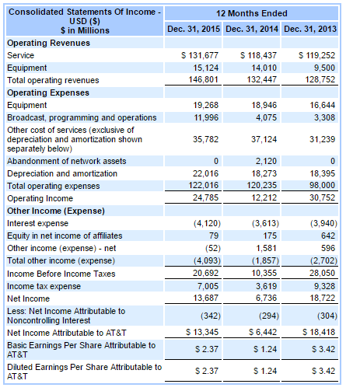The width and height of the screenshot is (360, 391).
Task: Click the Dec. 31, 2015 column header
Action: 194,30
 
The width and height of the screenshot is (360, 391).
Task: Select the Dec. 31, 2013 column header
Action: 310,30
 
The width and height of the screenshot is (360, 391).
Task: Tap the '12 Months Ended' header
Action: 252,13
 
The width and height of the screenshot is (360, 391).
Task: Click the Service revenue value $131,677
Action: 200,56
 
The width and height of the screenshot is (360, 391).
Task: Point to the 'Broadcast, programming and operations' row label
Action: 82,117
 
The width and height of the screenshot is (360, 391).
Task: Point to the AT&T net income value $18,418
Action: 316,332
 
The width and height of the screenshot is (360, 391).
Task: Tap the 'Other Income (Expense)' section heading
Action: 52,211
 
